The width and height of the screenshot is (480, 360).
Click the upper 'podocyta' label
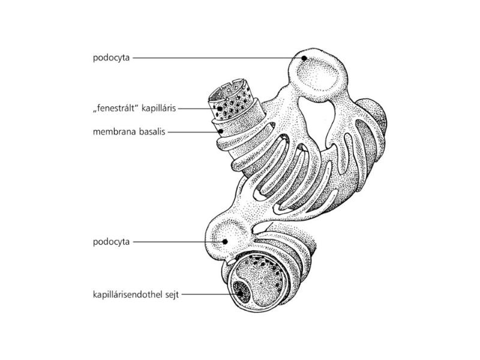tap(111, 58)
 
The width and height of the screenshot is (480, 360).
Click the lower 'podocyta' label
tap(111, 242)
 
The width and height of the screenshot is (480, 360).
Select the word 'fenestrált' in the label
tap(115, 109)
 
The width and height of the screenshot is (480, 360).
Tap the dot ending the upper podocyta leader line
tap(304, 58)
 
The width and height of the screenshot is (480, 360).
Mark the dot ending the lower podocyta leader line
tap(224, 242)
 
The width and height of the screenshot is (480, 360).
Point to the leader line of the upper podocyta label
tap(216, 58)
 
